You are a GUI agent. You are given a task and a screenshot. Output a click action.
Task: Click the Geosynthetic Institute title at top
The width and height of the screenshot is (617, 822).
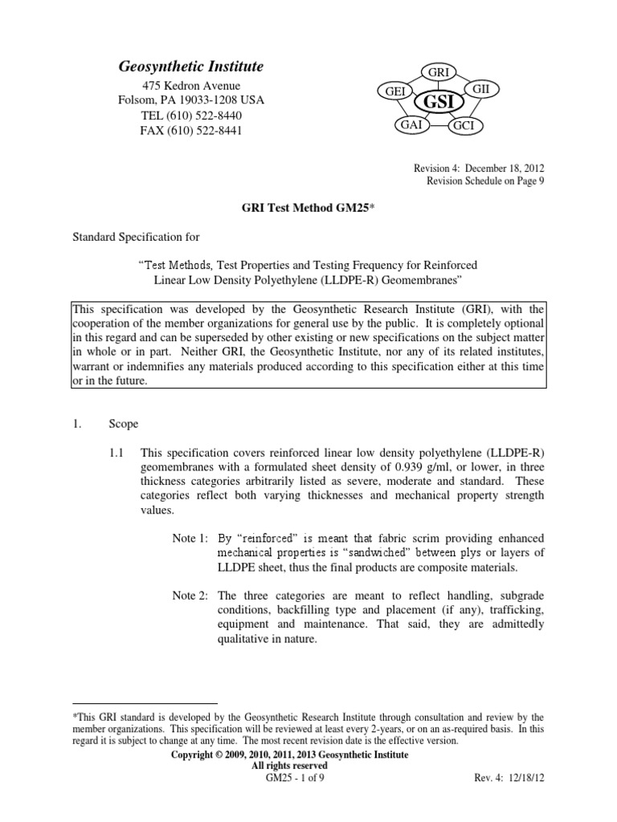(x=190, y=67)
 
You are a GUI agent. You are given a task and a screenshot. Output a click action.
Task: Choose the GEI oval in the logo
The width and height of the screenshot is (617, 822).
(x=394, y=92)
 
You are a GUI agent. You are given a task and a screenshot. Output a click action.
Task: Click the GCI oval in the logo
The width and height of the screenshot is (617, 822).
(x=463, y=127)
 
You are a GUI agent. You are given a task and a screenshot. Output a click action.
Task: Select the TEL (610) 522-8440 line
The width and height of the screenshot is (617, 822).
(x=191, y=116)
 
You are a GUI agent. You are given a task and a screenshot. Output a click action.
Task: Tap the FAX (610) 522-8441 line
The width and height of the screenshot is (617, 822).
(x=191, y=130)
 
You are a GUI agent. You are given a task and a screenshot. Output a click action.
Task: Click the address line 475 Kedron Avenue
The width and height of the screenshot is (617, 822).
(x=191, y=86)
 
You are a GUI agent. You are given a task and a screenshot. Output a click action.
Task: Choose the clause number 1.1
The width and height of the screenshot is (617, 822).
(x=117, y=453)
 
